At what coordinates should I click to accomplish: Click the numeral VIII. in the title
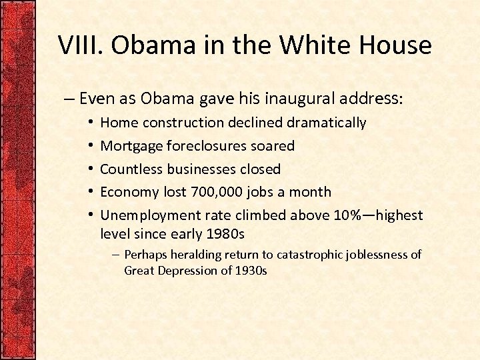point(81,45)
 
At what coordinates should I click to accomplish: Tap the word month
point(311,192)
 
